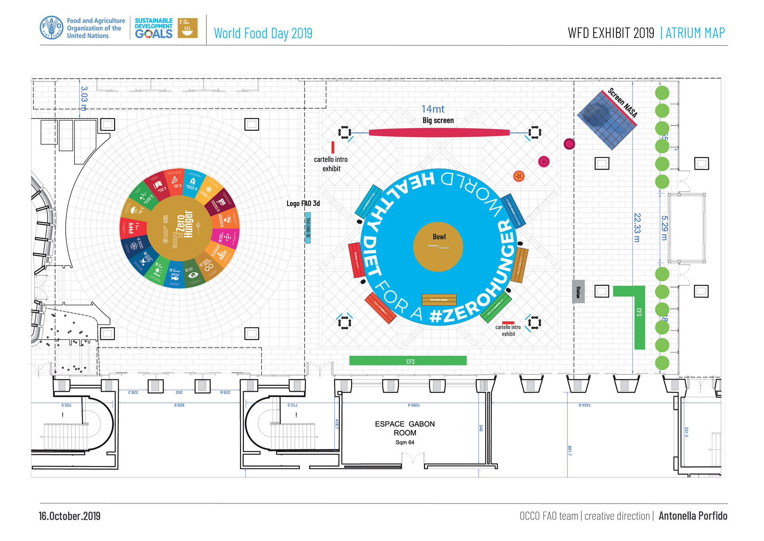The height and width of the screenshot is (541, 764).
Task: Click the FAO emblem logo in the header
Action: point(51,28)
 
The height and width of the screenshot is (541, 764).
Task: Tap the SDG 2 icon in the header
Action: point(187,28)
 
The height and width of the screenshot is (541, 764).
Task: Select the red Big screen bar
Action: point(439,133)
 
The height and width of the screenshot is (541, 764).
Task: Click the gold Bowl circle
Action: point(438,247)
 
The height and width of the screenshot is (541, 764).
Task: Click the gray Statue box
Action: point(578,292)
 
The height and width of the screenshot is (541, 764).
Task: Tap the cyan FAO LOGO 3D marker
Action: point(308,228)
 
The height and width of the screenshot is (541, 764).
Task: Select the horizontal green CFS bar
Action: point(408,361)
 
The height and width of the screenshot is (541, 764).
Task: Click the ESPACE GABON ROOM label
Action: point(405,429)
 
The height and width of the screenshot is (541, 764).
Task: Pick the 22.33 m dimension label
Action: point(637,227)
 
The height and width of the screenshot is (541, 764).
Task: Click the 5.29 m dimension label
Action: point(664,227)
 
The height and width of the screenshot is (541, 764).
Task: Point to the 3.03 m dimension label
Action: point(84,99)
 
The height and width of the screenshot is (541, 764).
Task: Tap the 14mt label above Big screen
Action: point(433,109)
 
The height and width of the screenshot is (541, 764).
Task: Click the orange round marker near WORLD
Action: point(518,176)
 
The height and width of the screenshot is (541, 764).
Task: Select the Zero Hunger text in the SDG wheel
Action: point(185,224)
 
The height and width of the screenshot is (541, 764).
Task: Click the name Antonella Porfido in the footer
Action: point(693,516)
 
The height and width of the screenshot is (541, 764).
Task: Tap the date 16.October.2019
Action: point(70,516)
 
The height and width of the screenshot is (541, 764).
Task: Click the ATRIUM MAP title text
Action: point(695,33)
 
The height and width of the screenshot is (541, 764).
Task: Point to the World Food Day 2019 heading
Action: point(263,33)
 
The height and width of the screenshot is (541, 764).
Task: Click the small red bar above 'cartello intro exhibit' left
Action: point(333,147)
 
